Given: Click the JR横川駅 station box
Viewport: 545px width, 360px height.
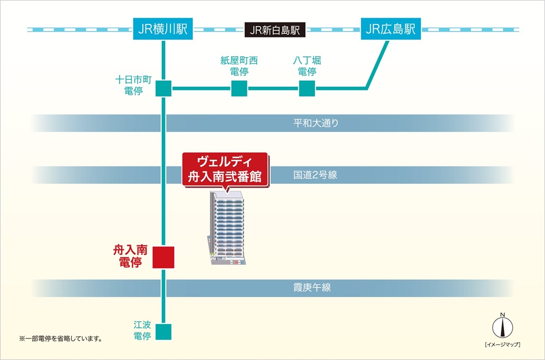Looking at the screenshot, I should pos(163,28).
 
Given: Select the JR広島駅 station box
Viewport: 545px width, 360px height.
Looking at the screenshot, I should pos(391,28).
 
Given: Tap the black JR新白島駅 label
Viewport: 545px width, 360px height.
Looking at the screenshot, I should pos(275,29).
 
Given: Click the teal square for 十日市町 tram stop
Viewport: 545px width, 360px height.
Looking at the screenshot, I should pos(163,88).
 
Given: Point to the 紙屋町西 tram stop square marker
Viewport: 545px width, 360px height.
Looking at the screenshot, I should pos(239,88).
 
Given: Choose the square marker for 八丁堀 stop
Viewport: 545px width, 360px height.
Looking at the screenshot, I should pos(307,88).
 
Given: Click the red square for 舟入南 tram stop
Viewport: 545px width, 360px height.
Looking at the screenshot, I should pos(163,257).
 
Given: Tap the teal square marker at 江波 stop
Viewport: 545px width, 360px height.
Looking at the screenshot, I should pos(163,331).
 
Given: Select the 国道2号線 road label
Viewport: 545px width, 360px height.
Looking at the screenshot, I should pos(315,176).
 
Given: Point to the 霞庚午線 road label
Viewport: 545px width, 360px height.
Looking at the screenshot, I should pos(312,287).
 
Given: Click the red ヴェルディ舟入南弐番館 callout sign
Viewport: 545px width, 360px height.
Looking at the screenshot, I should pos(225,170).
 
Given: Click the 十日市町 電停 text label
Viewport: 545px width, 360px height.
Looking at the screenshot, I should pos(129,85).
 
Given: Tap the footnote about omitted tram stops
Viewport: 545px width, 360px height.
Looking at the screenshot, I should pos(60,339).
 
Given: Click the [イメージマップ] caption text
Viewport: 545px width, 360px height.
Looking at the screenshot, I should pos(502,345).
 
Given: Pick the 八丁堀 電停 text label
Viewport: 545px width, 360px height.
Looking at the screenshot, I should pos(307,65).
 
